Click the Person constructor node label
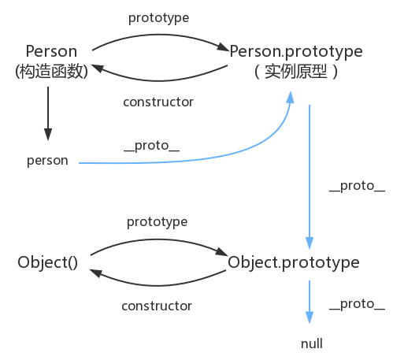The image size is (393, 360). tap(51, 51)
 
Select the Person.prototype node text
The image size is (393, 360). tap(296, 52)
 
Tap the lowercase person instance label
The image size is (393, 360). tap(47, 161)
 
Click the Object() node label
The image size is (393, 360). tap(47, 262)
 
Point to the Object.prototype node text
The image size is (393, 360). tap(294, 263)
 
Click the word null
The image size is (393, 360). tap(312, 343)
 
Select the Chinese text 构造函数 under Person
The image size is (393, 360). tap(51, 72)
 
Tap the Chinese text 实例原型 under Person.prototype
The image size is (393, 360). tap(296, 72)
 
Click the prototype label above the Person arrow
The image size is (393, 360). tap(158, 18)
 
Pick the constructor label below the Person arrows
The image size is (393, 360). tap(158, 102)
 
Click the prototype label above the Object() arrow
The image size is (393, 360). tap(158, 222)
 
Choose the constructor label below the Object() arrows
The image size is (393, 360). tap(157, 306)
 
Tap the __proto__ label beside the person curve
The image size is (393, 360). tap(152, 146)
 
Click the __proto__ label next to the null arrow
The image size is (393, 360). tap(358, 304)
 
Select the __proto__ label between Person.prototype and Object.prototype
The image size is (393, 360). tap(358, 186)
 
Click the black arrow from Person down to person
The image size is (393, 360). tap(48, 113)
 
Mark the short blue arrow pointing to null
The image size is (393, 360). tap(310, 302)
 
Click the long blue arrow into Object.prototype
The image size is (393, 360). tap(310, 176)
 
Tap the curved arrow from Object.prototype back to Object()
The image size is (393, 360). tap(158, 285)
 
